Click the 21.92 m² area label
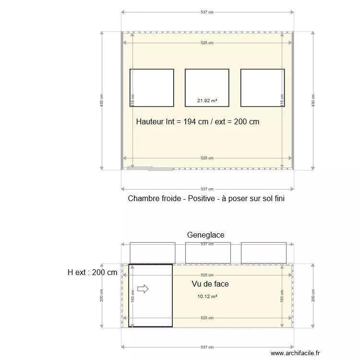207,101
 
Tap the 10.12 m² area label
207,297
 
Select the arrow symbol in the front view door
143,288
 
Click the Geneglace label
206,235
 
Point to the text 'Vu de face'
210,284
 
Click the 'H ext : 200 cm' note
93,273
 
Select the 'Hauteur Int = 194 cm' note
198,122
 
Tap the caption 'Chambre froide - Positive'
206,198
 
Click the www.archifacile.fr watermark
291,353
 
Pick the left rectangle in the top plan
152,87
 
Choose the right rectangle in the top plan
263,87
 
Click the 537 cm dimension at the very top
207,12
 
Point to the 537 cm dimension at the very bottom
207,347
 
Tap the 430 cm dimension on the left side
101,101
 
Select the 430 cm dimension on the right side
313,101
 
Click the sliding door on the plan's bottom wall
150,168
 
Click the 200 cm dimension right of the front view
313,296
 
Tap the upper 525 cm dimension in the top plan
207,43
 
